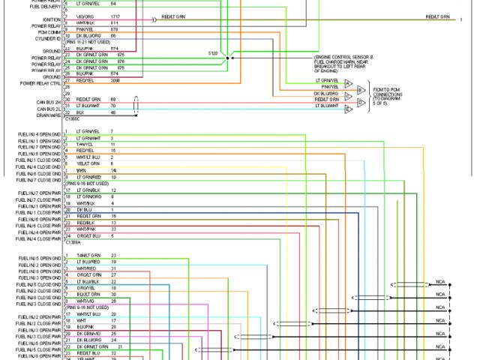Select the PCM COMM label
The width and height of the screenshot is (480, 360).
point(49,32)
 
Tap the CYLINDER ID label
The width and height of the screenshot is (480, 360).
point(48,39)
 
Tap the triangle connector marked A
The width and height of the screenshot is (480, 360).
point(349,83)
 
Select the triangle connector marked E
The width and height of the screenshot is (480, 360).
point(349,109)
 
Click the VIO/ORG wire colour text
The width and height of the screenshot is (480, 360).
point(84,16)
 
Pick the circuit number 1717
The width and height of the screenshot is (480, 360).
point(115,16)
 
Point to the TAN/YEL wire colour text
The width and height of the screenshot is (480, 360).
point(84,145)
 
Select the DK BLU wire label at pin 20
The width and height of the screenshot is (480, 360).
point(82,209)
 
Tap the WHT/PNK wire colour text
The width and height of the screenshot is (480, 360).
point(85,229)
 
